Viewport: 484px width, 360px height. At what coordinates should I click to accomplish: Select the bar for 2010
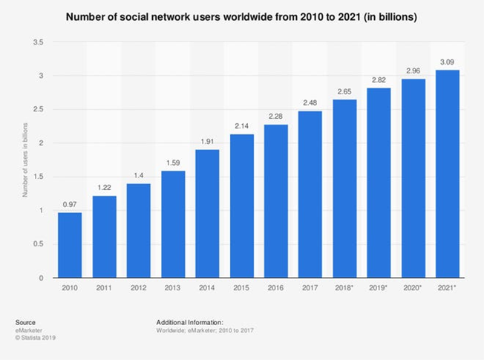point(69,245)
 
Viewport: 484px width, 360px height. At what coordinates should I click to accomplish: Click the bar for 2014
point(206,214)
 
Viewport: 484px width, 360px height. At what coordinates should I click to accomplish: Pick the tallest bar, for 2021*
point(448,174)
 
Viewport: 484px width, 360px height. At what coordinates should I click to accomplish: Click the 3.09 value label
point(448,62)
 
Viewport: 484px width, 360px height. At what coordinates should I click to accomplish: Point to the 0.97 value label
point(69,204)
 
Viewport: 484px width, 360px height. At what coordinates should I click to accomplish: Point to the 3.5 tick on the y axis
point(37,42)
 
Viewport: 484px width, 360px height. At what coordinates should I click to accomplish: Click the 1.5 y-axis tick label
point(37,177)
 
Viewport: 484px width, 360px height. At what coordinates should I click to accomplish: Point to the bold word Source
point(24,322)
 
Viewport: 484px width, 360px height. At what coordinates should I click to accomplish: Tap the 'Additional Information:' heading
point(190,322)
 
